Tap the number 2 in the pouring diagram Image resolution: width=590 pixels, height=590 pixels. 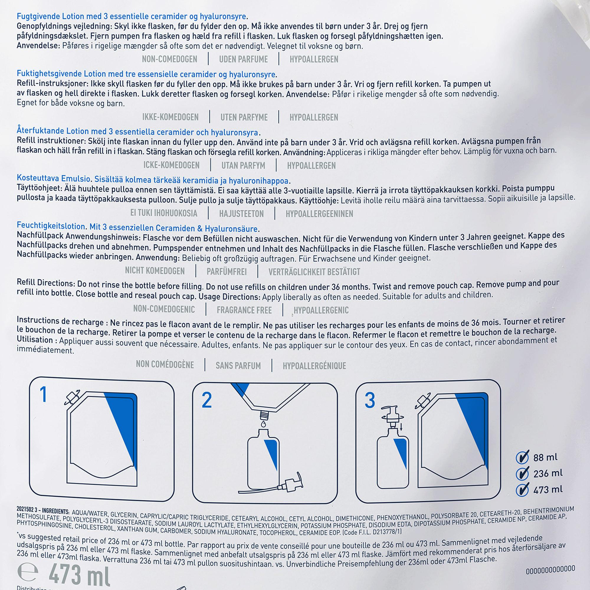[x=207, y=400]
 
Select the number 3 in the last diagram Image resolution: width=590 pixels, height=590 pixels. [x=370, y=400]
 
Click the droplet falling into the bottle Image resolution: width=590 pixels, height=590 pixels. [x=263, y=424]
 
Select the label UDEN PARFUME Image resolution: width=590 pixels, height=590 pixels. [x=243, y=59]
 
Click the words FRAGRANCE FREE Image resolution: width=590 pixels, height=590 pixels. [x=244, y=310]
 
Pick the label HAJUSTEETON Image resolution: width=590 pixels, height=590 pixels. [x=241, y=214]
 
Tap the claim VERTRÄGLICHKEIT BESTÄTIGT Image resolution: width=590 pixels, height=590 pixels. [x=314, y=272]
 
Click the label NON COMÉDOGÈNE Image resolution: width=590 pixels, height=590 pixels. [x=165, y=365]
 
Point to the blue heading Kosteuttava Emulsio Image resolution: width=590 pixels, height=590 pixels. [x=53, y=178]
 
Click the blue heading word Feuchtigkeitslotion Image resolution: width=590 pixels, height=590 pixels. [x=51, y=226]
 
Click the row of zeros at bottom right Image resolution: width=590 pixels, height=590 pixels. [x=550, y=569]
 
